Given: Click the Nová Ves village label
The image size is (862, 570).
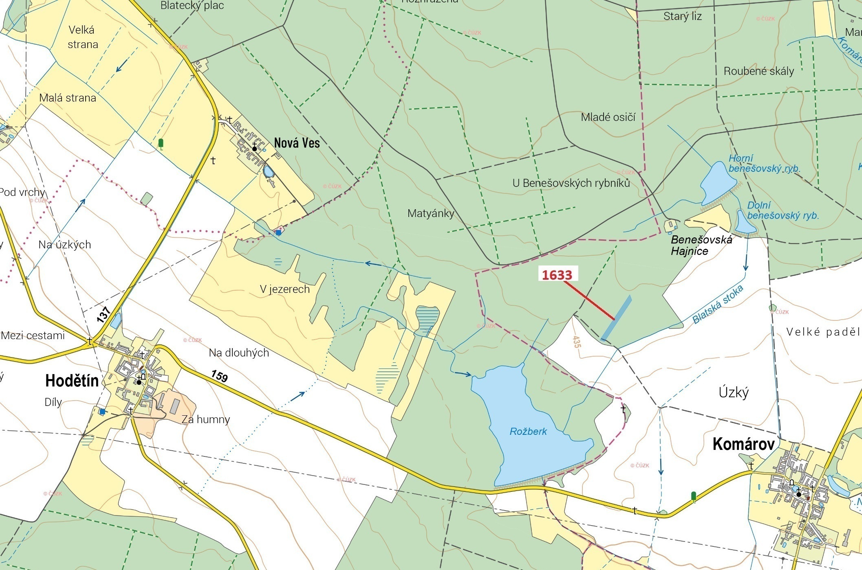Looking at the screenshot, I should [297, 143].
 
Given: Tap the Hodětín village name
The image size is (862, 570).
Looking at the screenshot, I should [72, 381].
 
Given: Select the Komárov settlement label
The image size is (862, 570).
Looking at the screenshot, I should [743, 444].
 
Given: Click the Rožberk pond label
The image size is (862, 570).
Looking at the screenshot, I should [528, 432].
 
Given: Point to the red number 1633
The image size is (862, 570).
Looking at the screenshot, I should [557, 275].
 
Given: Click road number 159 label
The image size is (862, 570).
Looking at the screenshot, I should [219, 376].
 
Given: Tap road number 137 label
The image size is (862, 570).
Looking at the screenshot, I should [104, 315].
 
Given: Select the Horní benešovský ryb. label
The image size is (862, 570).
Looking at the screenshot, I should [764, 163].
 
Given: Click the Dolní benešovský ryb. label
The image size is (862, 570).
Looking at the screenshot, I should [783, 210].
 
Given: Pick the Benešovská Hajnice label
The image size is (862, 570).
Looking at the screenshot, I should [701, 245].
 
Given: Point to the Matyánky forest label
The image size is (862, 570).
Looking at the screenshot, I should [431, 213].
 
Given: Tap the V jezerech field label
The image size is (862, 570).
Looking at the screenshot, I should [285, 289].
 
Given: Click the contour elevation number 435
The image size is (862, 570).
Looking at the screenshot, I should [576, 342].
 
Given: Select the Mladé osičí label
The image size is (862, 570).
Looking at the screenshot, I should [608, 117].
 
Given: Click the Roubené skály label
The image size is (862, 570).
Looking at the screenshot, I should [758, 71].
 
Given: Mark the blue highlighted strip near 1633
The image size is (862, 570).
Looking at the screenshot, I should [617, 318].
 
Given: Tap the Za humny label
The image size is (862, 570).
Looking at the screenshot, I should [206, 419].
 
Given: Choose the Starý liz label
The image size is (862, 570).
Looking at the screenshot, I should [682, 16].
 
